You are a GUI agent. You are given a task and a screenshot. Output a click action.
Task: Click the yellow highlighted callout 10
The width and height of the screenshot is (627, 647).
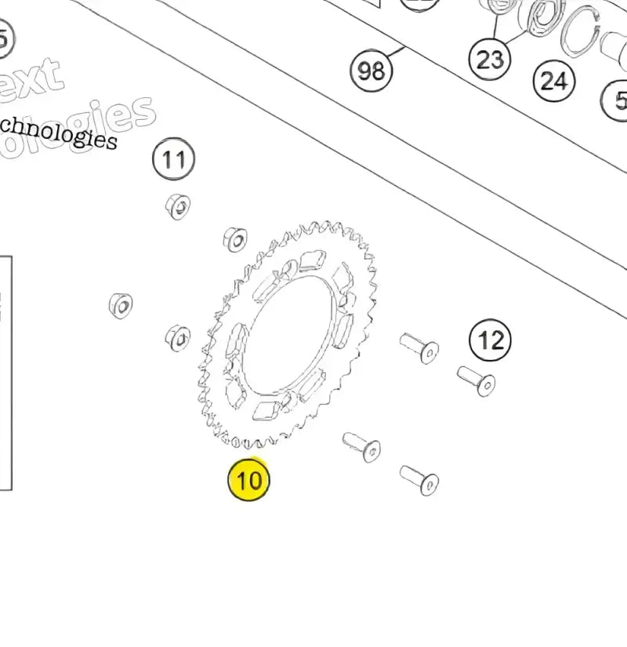[248, 479]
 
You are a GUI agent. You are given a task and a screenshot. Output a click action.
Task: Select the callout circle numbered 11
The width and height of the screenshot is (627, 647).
[173, 160]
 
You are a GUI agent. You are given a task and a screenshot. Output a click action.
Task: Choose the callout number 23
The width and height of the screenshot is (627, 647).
[490, 59]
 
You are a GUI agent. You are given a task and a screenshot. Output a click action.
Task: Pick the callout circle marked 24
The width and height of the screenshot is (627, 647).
[554, 80]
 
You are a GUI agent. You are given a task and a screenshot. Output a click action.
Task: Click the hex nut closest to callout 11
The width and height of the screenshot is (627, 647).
[178, 206]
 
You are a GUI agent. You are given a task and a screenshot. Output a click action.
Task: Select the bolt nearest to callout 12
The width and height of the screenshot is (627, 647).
[476, 380]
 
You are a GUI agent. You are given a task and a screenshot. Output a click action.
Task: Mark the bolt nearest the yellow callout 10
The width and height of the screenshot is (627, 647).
[361, 446]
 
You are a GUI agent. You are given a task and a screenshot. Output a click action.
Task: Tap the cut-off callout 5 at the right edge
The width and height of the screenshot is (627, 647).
[618, 100]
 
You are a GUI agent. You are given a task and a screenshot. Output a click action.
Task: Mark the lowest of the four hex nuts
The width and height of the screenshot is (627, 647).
[178, 338]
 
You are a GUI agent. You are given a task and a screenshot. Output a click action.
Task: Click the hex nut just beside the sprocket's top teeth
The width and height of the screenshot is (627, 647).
[235, 240]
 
